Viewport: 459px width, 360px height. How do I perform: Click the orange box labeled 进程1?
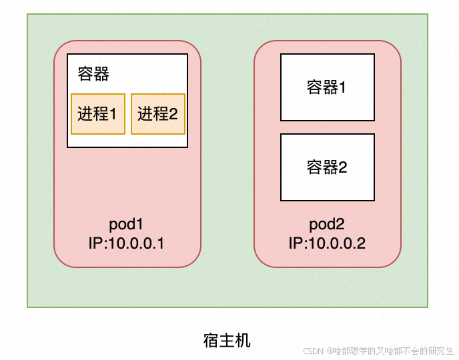[97, 113]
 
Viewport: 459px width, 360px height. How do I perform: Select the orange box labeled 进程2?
[157, 113]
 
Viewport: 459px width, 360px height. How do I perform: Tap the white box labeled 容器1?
[327, 87]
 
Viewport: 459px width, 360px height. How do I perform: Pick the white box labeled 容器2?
[327, 167]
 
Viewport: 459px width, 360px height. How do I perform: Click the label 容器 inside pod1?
[93, 74]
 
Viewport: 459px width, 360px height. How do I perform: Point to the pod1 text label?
[127, 224]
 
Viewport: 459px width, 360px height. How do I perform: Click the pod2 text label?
[327, 224]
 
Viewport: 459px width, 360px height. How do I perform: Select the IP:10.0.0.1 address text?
[127, 243]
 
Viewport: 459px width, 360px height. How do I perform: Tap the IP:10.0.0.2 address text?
[327, 243]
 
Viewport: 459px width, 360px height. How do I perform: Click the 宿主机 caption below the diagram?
[227, 340]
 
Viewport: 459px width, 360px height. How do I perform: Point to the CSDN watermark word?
[313, 351]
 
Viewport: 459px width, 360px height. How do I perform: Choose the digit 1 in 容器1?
[343, 88]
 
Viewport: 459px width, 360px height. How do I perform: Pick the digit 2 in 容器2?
[343, 167]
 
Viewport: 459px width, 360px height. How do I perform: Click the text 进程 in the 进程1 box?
[93, 113]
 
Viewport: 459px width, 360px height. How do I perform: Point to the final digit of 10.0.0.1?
[160, 243]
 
